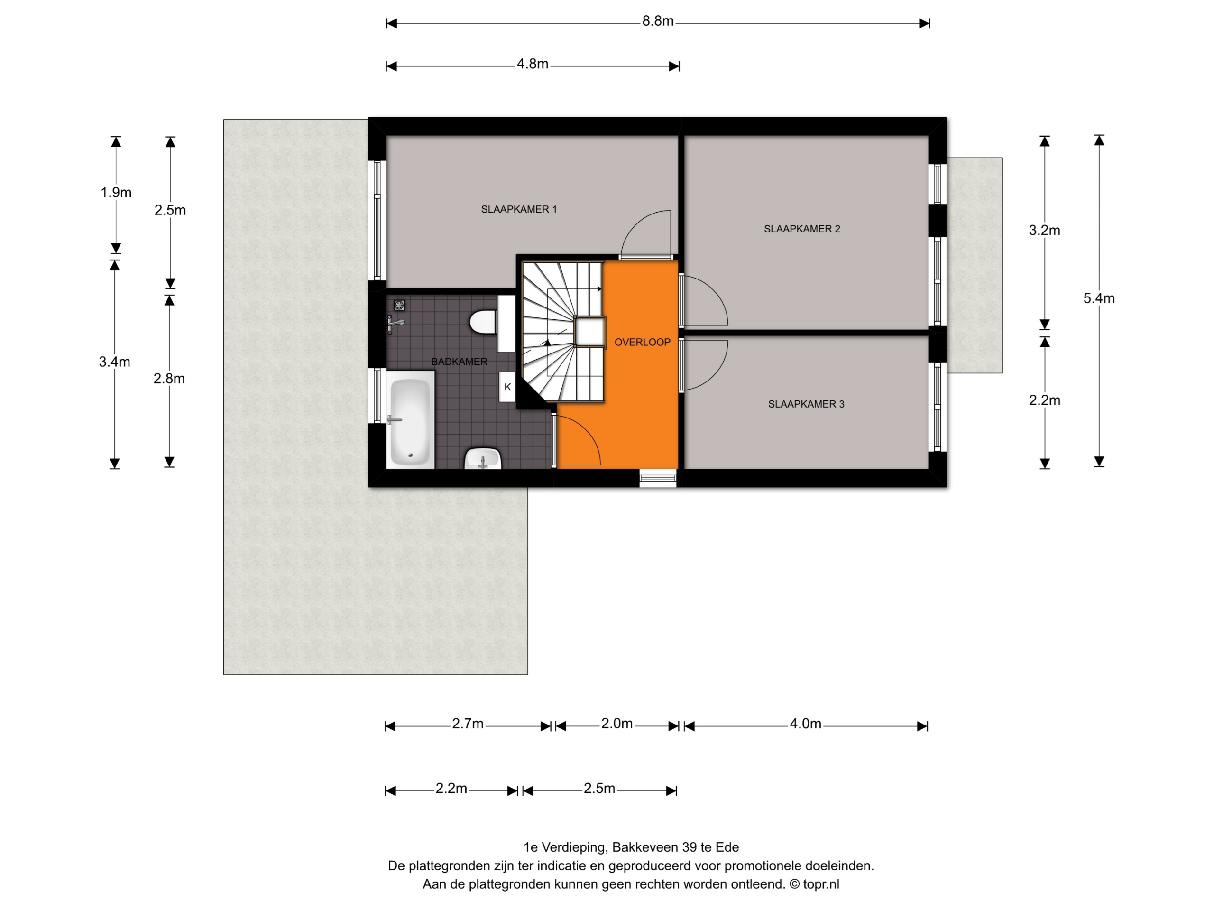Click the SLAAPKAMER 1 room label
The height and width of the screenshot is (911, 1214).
point(519,209)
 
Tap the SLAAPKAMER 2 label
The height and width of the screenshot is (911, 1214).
point(802,229)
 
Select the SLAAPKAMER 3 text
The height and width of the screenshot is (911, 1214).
point(806,404)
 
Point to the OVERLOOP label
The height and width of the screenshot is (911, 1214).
point(642,342)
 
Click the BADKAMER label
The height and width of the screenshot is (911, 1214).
point(459,362)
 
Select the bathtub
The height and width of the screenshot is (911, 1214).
point(411,420)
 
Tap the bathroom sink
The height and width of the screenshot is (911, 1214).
point(483,458)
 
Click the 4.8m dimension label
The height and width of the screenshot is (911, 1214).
point(533,64)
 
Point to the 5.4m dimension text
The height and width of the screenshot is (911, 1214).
point(1099,298)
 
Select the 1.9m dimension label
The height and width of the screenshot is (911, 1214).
point(116,192)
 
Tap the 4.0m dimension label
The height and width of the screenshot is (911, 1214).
point(805,724)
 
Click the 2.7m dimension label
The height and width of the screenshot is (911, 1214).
point(468,724)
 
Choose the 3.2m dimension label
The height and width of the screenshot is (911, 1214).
point(1044,230)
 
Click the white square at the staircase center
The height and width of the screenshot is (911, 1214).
point(589,332)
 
